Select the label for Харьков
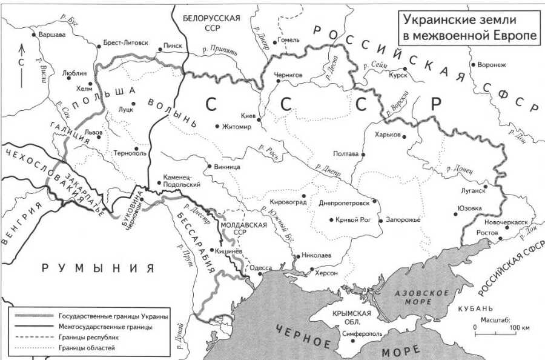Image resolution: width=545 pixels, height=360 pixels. (x=388, y=135)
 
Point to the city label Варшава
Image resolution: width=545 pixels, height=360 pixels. (x=51, y=35)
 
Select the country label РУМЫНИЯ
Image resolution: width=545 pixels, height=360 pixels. (x=97, y=268)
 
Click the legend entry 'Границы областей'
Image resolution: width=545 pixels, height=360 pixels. (x=87, y=348)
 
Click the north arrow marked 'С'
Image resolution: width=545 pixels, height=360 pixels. (x=22, y=61)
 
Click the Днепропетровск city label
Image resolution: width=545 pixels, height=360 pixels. (x=344, y=203)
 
